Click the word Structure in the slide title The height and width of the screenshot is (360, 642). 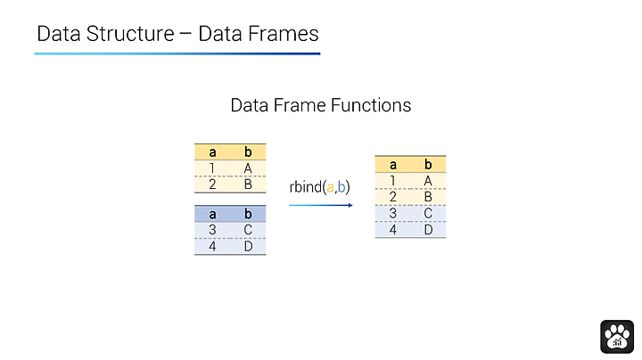tap(130, 34)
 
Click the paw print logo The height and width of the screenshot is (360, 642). tap(617, 337)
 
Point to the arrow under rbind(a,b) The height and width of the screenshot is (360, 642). tap(321, 205)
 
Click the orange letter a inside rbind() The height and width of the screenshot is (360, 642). tap(330, 188)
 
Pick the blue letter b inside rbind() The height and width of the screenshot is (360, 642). tap(342, 187)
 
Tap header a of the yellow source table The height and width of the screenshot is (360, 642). tap(212, 152)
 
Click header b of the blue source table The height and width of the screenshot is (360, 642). tap(248, 214)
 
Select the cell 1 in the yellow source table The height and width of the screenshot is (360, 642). tap(212, 168)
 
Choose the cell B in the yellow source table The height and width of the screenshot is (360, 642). tap(248, 184)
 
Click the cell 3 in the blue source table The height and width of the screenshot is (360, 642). tap(212, 230)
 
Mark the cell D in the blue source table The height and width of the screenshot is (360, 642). tap(248, 246)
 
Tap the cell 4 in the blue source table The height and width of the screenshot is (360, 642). tap(212, 246)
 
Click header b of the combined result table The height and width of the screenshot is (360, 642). tap(428, 165)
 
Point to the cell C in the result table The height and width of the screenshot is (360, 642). tap(428, 213)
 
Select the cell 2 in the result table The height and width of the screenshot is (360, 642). tap(392, 197)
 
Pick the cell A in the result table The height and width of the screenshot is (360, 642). tap(428, 180)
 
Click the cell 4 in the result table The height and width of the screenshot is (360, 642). tap(392, 230)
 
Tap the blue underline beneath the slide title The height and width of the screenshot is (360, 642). tap(177, 53)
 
